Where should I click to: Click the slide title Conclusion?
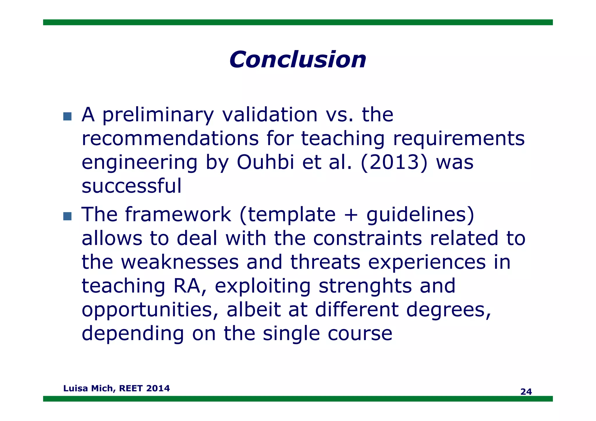point(297,60)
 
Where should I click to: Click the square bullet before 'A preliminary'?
point(67,116)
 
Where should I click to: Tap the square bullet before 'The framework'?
point(67,216)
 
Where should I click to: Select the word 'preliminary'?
point(158,115)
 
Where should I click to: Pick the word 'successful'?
point(132,186)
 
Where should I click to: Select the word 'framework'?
point(178,214)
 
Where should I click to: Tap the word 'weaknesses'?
point(180,262)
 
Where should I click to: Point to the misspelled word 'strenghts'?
point(365,286)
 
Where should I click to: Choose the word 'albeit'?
point(253,310)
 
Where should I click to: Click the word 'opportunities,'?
point(150,310)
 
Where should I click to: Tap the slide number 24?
point(526,392)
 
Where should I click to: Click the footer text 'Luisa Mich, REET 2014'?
point(116,388)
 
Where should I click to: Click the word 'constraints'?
point(367,238)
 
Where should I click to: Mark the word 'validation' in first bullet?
point(270,115)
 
